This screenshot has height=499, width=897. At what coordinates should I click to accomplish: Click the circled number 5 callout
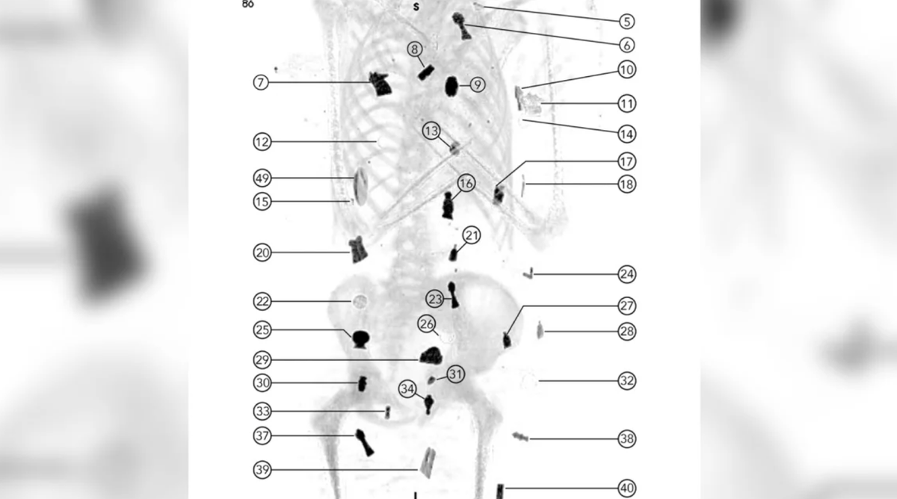click(x=626, y=22)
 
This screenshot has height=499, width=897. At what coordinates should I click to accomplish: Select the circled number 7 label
click(x=261, y=82)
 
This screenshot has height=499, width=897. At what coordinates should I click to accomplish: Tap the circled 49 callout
click(x=262, y=178)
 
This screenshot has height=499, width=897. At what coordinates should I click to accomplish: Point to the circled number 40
click(x=626, y=489)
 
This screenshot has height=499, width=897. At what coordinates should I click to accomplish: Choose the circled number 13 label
click(x=431, y=131)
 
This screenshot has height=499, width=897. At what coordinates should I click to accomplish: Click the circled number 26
click(x=427, y=323)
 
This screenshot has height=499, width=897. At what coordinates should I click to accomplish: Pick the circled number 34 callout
click(x=407, y=388)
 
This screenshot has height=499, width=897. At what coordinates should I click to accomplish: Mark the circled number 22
click(x=262, y=301)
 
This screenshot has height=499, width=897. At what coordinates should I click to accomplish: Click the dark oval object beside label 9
click(x=451, y=86)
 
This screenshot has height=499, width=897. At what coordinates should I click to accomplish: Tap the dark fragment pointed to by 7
click(x=380, y=84)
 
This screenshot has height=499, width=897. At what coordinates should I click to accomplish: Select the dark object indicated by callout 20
click(x=357, y=249)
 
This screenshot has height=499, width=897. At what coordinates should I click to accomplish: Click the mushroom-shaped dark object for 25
click(x=361, y=339)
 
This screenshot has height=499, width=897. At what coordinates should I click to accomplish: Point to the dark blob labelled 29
click(x=431, y=356)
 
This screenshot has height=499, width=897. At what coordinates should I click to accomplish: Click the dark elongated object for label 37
click(x=365, y=442)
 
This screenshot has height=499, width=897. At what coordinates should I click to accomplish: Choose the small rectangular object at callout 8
click(x=426, y=72)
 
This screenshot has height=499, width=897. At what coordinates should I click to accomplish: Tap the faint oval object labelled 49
click(x=360, y=187)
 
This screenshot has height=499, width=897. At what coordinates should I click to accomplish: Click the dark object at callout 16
click(x=448, y=205)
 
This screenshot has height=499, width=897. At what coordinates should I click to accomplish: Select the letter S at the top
click(x=416, y=7)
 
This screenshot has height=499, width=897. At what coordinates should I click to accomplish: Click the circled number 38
click(x=626, y=438)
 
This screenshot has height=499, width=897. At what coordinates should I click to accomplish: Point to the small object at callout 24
click(x=528, y=273)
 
